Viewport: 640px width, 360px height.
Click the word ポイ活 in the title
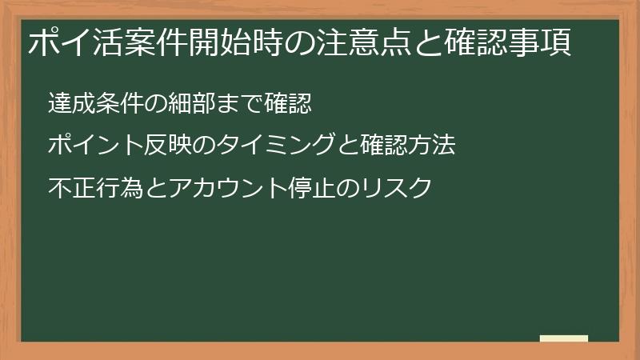70,42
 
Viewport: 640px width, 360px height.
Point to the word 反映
165,146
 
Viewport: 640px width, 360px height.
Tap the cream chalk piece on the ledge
563,338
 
